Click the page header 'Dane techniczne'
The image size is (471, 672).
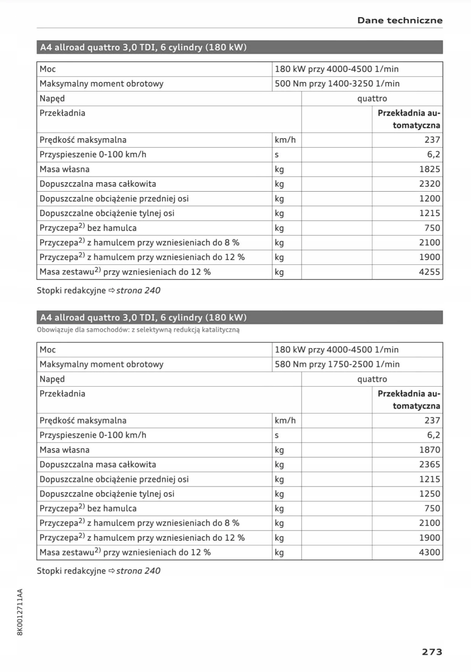(x=400, y=20)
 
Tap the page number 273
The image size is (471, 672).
(x=432, y=652)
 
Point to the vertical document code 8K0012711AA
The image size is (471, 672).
(x=20, y=612)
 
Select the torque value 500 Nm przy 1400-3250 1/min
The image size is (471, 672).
(x=337, y=84)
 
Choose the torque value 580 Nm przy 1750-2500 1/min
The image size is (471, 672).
(x=337, y=364)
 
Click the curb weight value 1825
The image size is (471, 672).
(x=429, y=169)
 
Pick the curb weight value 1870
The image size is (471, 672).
(x=429, y=450)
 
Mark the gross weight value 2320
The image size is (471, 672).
(x=429, y=184)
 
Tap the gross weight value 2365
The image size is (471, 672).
(x=429, y=464)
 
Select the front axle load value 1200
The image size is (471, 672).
(x=429, y=198)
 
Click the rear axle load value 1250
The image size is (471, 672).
(x=429, y=494)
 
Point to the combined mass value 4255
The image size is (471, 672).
(x=429, y=272)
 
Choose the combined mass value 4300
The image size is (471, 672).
(x=429, y=552)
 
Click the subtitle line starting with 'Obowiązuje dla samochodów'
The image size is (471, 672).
(x=138, y=330)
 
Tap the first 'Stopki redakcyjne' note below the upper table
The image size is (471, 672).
(x=71, y=290)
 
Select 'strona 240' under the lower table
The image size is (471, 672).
(x=138, y=571)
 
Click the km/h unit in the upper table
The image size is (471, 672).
(x=285, y=140)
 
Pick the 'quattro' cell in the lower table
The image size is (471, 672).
(x=372, y=379)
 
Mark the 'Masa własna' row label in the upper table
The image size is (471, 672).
(x=65, y=169)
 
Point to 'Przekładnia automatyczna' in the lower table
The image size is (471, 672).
(x=409, y=400)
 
